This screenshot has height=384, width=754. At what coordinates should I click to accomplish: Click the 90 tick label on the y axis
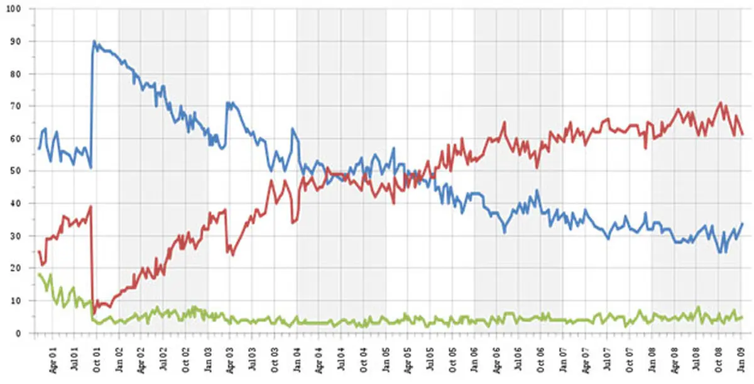tap(15, 41)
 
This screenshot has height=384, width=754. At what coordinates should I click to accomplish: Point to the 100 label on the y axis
tap(13, 9)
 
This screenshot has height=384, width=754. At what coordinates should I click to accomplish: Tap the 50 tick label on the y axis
tap(15, 171)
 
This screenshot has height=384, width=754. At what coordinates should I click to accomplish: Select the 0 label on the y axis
tap(18, 333)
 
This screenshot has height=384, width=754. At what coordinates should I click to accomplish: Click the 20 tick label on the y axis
tap(15, 268)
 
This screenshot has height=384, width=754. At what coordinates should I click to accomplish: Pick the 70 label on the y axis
tap(15, 106)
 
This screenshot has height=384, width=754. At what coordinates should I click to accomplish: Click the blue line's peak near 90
tap(94, 41)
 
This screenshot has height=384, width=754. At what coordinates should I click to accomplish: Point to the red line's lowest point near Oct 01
tap(94, 313)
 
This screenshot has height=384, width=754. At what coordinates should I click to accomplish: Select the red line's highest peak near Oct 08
tap(720, 102)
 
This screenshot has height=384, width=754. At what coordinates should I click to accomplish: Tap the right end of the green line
tap(742, 317)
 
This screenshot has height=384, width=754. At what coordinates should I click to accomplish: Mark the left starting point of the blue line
tap(39, 149)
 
